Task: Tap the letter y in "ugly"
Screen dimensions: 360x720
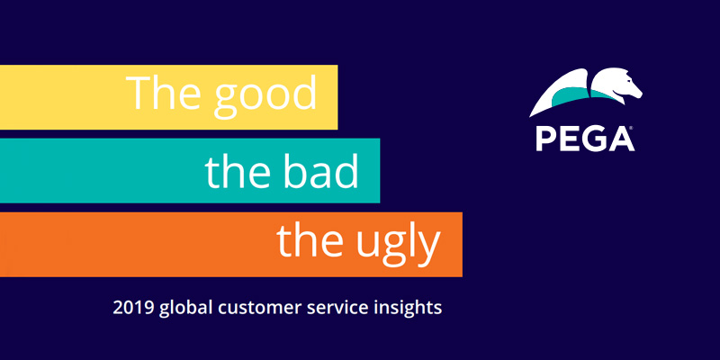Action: click(x=431, y=247)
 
